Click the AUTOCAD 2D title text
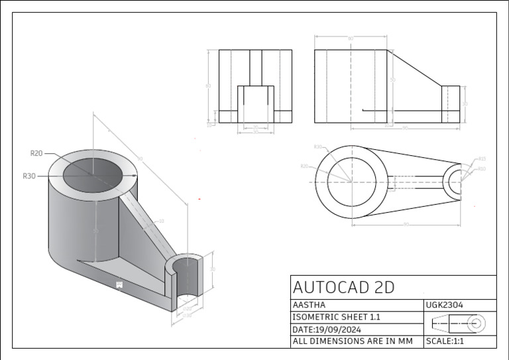pyautogui.click(x=343, y=287)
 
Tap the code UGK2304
pyautogui.click(x=445, y=305)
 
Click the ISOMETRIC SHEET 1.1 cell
pyautogui.click(x=337, y=317)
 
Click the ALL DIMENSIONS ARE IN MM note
pyautogui.click(x=353, y=341)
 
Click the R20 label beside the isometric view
pyautogui.click(x=36, y=153)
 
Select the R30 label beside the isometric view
pyautogui.click(x=28, y=176)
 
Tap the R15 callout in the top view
pyautogui.click(x=482, y=159)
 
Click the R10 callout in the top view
pyautogui.click(x=482, y=169)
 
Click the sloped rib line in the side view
pyautogui.click(x=414, y=68)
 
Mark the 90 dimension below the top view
pyautogui.click(x=406, y=224)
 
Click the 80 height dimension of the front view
pyautogui.click(x=207, y=86)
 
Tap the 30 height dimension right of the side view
pyautogui.click(x=465, y=104)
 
